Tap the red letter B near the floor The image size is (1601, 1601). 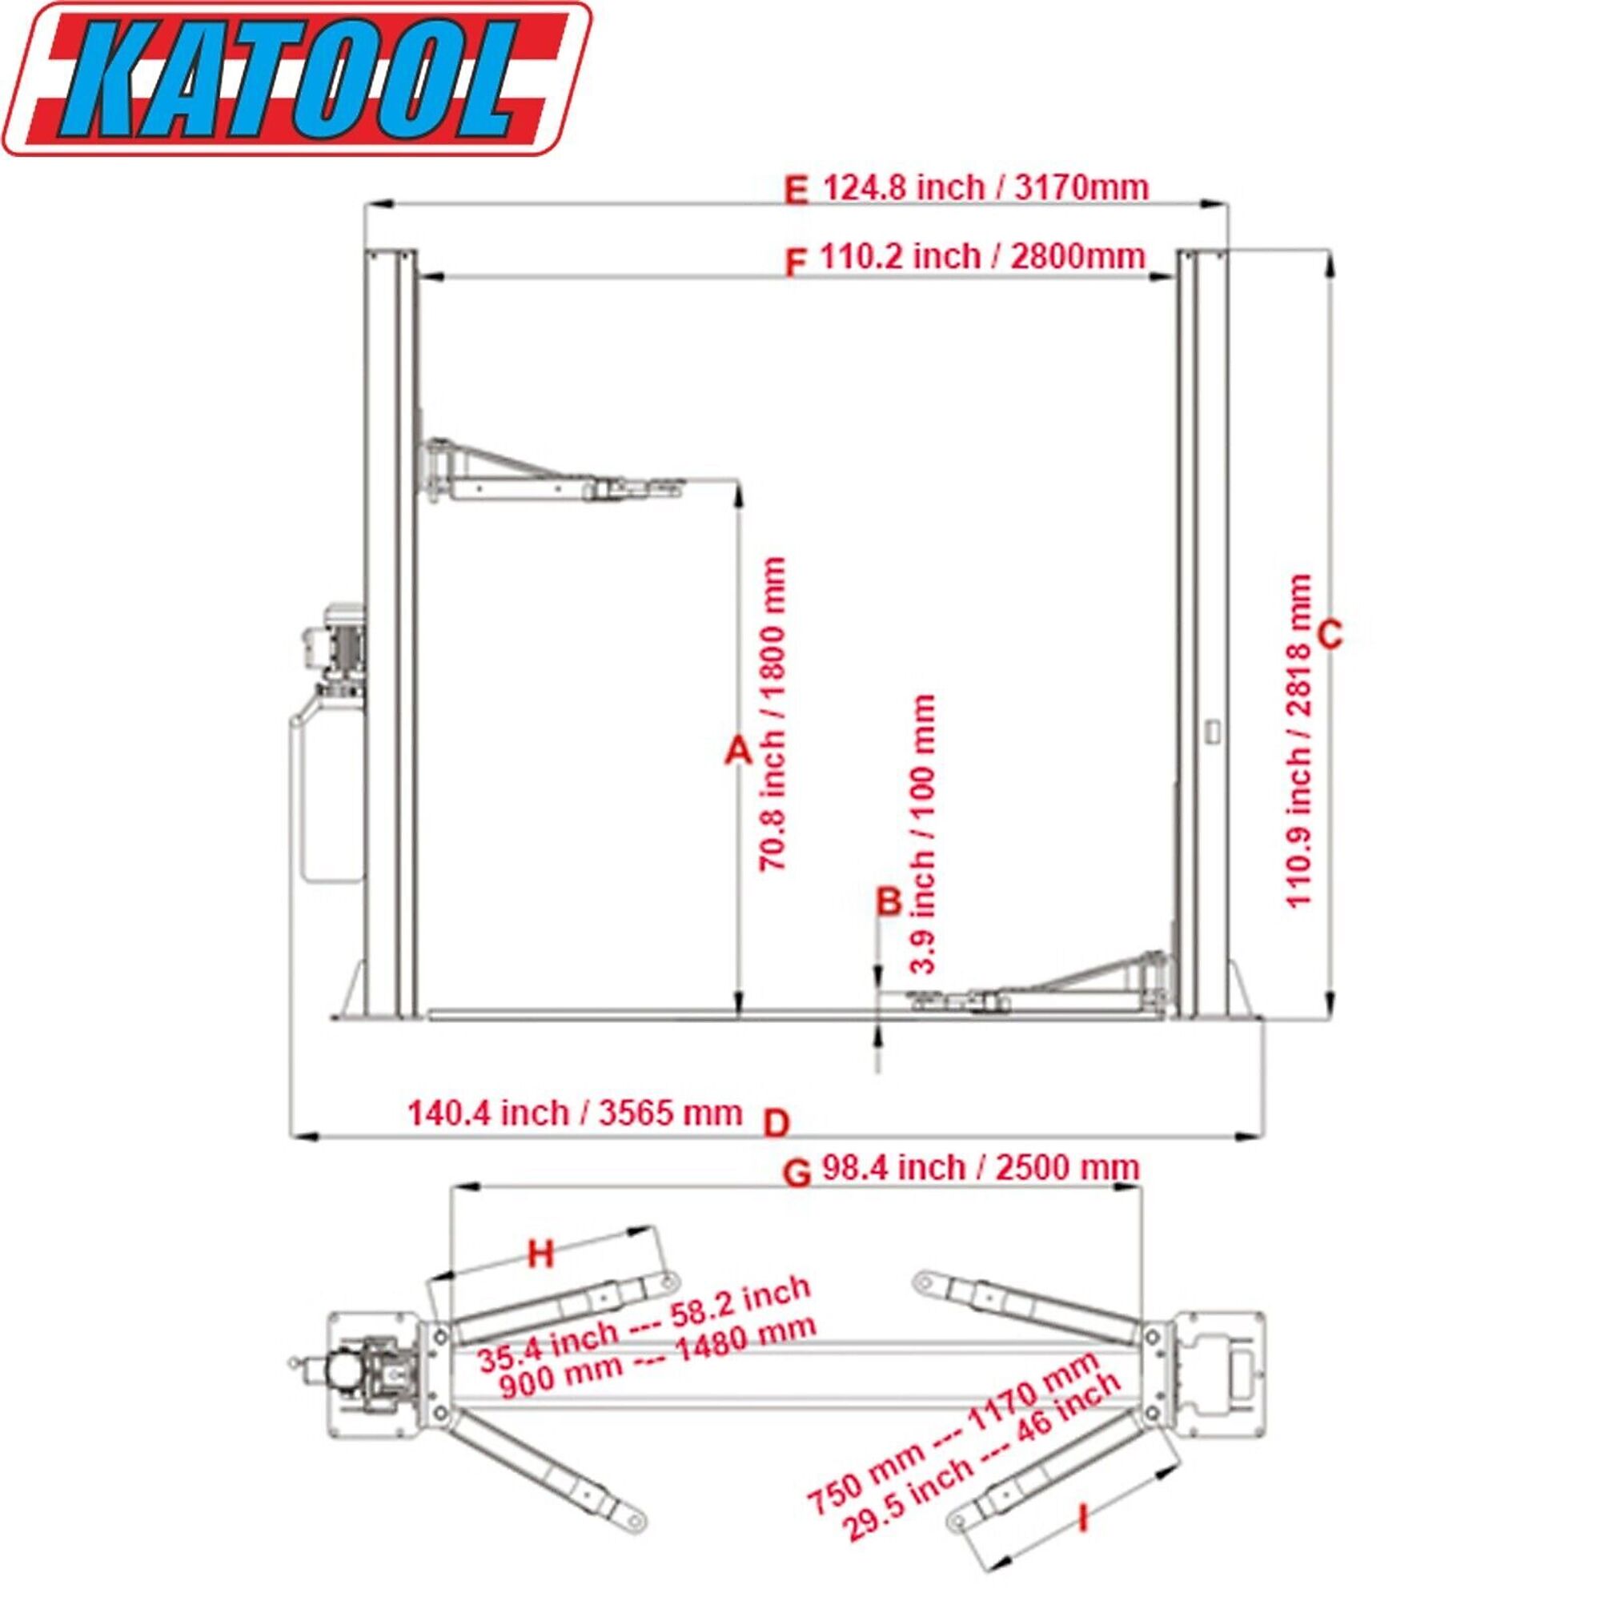pyautogui.click(x=889, y=901)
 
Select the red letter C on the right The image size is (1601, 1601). pyautogui.click(x=1329, y=636)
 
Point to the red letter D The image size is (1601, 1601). pyautogui.click(x=776, y=1125)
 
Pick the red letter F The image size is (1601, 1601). pyautogui.click(x=795, y=263)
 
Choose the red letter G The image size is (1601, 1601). pyautogui.click(x=796, y=1173)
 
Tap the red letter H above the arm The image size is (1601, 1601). pyautogui.click(x=540, y=1254)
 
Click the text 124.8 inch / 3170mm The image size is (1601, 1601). pyautogui.click(x=985, y=187)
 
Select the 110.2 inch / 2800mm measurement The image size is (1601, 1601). pyautogui.click(x=982, y=256)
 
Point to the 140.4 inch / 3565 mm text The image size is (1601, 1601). pyautogui.click(x=574, y=1113)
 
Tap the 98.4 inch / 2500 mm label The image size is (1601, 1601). pyautogui.click(x=981, y=1168)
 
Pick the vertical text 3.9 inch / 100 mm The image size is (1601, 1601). pyautogui.click(x=923, y=833)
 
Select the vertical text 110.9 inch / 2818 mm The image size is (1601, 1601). pyautogui.click(x=1299, y=742)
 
